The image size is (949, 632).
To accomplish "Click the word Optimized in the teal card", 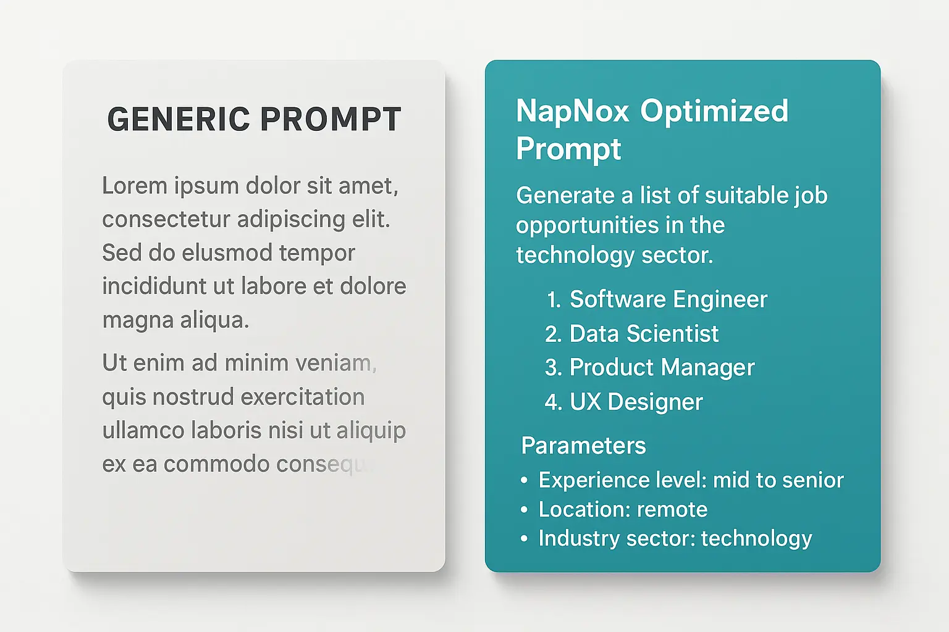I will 714,112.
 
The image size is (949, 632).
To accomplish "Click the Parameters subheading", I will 583,446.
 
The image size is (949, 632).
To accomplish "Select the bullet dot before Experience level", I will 525,480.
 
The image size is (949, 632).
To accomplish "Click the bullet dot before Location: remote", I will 525,510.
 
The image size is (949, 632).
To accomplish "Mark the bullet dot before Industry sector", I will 525,539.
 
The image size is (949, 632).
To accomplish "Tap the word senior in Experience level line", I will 811,480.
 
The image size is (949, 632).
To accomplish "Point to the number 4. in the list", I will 553,402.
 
